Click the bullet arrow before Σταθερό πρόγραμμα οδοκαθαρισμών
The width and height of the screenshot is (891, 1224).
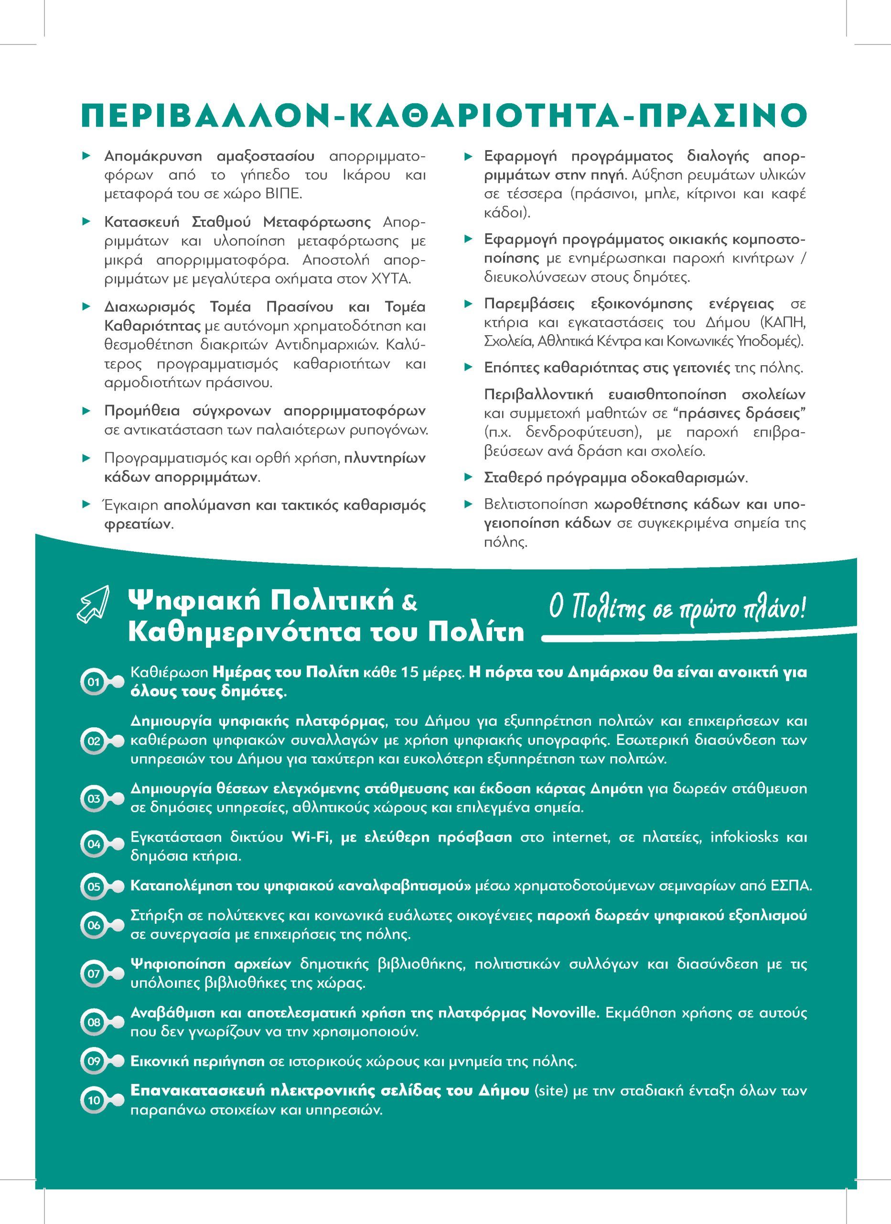tap(469, 477)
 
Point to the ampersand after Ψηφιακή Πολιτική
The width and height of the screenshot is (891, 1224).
tap(409, 603)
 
